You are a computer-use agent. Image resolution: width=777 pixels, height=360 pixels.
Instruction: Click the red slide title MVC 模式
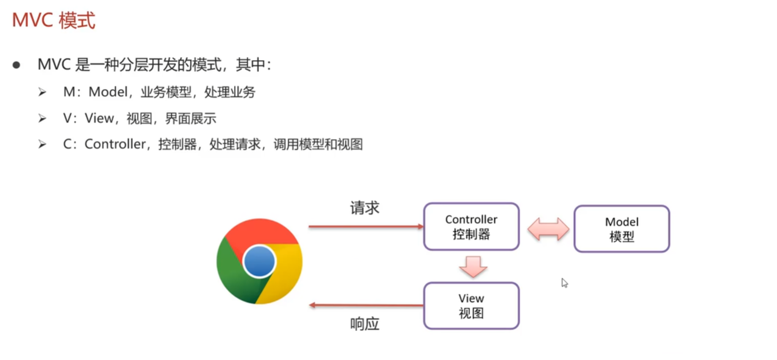pos(54,20)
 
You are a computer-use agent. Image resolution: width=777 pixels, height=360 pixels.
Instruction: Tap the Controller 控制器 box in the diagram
pos(471,226)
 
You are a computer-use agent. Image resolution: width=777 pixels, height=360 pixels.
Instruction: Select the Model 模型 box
pos(621,229)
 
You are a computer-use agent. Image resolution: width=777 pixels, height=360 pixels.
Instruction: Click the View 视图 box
pos(471,306)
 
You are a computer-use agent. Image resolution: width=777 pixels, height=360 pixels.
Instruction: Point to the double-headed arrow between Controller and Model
pos(548,229)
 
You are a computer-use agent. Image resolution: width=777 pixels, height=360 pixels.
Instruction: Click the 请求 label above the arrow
pos(364,208)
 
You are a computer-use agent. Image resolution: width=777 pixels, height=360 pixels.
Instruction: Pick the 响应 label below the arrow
pos(364,324)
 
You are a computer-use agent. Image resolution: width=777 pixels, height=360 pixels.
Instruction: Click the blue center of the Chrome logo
pos(259,261)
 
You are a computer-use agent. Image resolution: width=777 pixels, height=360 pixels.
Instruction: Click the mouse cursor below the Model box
pos(564,283)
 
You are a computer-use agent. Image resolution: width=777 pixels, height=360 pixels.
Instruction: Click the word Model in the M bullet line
pos(108,92)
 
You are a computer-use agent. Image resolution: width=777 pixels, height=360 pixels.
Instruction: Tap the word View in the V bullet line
pos(99,118)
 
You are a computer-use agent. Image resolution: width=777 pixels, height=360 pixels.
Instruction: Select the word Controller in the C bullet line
pos(115,144)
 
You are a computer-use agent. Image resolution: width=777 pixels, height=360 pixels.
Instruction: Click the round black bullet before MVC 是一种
pos(16,65)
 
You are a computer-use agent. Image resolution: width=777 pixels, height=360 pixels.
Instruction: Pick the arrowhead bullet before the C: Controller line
pos(42,144)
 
